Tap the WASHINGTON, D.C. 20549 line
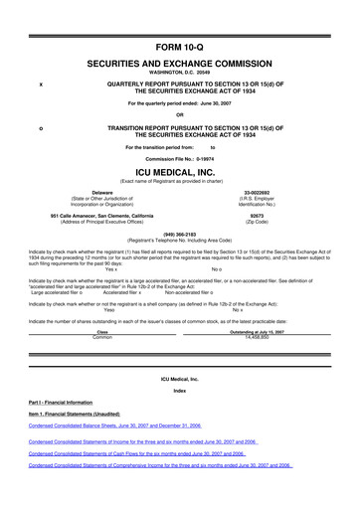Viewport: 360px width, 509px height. [179, 73]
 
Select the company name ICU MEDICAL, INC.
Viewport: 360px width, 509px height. [179, 171]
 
